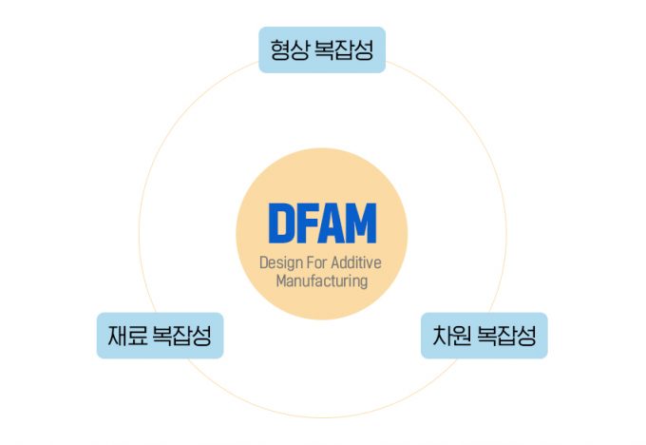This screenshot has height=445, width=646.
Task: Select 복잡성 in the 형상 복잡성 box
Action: tap(342, 49)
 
